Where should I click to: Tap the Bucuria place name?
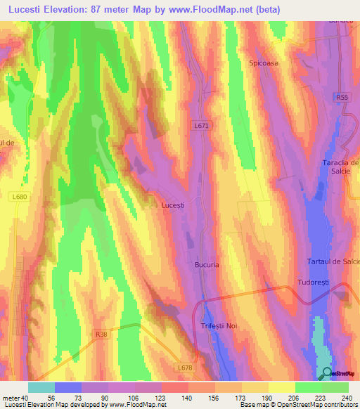point(207,265)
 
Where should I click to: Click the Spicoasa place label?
point(264,63)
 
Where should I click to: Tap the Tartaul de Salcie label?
point(333,261)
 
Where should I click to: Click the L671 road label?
point(201,125)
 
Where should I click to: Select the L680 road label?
point(20,197)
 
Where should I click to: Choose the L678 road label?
point(185,368)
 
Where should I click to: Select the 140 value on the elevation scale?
point(186,397)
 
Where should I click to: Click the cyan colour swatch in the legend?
point(41,387)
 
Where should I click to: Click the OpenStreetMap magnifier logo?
point(327,373)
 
